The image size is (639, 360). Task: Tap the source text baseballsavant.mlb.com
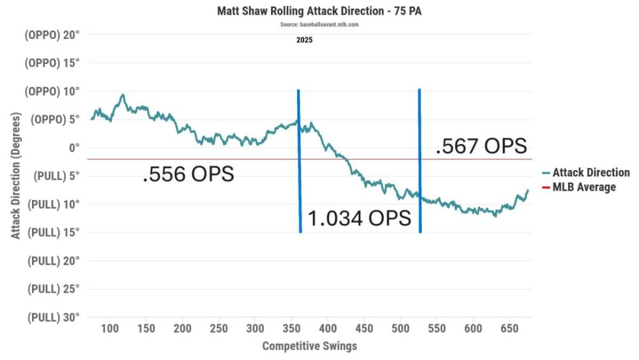click(319, 24)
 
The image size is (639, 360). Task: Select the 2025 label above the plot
click(304, 40)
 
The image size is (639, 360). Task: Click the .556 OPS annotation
click(188, 174)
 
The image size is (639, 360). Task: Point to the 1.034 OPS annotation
click(360, 218)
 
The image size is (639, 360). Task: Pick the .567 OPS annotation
click(481, 146)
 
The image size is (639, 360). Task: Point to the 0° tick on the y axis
click(72, 148)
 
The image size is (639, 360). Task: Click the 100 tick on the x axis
click(110, 328)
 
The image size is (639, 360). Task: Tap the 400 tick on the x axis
click(328, 328)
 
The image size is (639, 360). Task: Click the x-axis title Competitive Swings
click(309, 346)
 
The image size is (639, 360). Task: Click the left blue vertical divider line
click(299, 160)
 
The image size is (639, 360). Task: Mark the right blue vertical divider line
click(420, 160)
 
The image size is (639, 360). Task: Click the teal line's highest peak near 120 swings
click(123, 95)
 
